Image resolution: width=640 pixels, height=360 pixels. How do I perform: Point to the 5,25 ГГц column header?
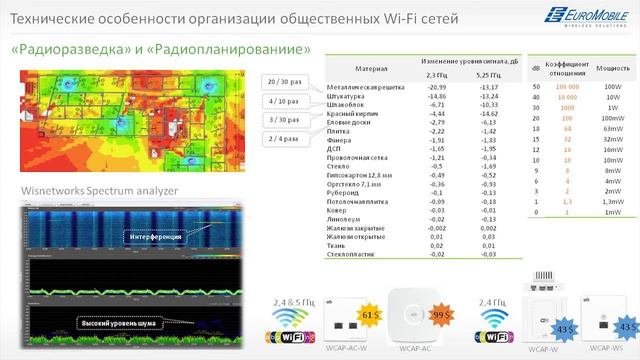488,75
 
